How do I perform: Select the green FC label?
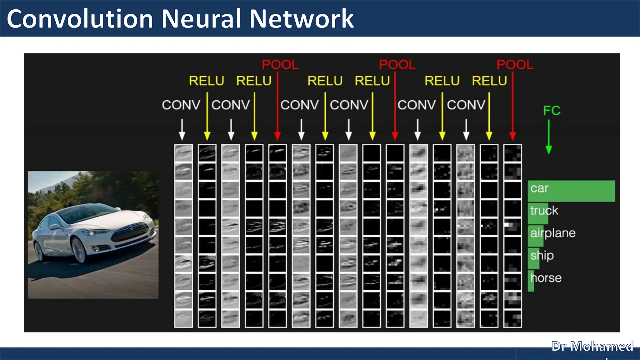pos(552,111)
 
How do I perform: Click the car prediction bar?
pos(571,191)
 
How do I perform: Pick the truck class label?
pos(544,211)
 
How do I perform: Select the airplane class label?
pos(553,233)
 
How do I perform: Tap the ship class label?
pos(542,256)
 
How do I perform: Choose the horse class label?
pos(546,278)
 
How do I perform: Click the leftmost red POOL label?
pos(280,65)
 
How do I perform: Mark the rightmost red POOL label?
pos(515,65)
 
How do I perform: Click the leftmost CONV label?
pos(181,105)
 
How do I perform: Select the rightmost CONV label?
pos(466,105)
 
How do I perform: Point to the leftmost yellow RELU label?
pos(207,81)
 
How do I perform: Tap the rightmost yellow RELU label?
pos(489,81)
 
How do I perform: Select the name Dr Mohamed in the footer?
pos(592,346)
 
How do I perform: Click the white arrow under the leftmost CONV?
pos(182,129)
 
